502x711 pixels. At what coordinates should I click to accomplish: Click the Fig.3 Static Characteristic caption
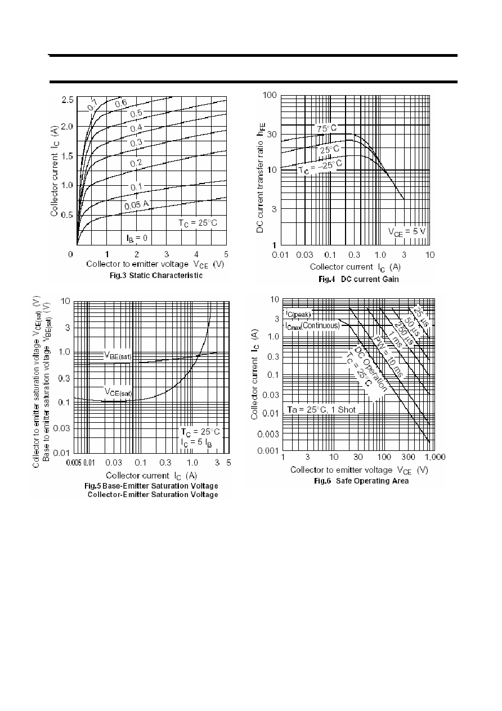pos(156,275)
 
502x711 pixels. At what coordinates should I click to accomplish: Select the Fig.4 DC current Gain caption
pos(358,279)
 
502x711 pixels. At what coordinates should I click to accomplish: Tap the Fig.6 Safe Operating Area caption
pos(361,481)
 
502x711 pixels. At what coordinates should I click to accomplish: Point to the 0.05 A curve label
pos(136,205)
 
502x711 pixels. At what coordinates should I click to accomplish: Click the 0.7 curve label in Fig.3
pos(93,105)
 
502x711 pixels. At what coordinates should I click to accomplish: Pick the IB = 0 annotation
pos(137,238)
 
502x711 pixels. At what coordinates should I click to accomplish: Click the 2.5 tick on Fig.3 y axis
pos(68,100)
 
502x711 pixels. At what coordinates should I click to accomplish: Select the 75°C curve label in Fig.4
pos(326,128)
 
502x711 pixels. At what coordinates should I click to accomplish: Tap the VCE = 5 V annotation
pos(406,232)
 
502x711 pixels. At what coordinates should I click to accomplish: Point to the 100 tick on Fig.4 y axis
pos(270,95)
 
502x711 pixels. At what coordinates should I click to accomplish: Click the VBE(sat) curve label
pos(118,356)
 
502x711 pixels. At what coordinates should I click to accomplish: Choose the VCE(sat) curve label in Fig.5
pos(118,392)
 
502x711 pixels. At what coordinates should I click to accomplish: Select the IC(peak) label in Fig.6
pos(298,314)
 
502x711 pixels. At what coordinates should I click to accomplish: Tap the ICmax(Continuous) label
pos(312,325)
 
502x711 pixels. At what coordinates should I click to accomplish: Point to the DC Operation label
pos(371,369)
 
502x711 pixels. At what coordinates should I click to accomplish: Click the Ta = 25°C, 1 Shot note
pos(321,410)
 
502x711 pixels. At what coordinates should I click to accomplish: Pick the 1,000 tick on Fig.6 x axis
pos(434,457)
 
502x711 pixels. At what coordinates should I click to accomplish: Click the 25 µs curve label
pos(422,316)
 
